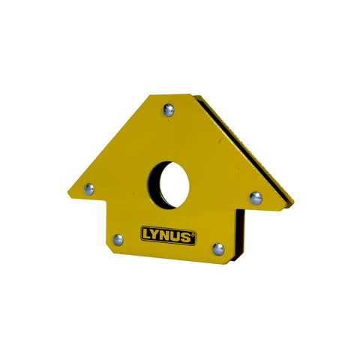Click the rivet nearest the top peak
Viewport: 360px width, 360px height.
pyautogui.click(x=168, y=110)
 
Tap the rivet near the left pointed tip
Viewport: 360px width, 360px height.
pyautogui.click(x=89, y=189)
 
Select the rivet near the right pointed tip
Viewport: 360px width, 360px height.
pyautogui.click(x=256, y=198)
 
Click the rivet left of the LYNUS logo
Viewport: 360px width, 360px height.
pyautogui.click(x=118, y=240)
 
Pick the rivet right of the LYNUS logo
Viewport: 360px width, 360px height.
pyautogui.click(x=218, y=247)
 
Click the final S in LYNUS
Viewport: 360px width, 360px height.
pyautogui.click(x=187, y=238)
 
